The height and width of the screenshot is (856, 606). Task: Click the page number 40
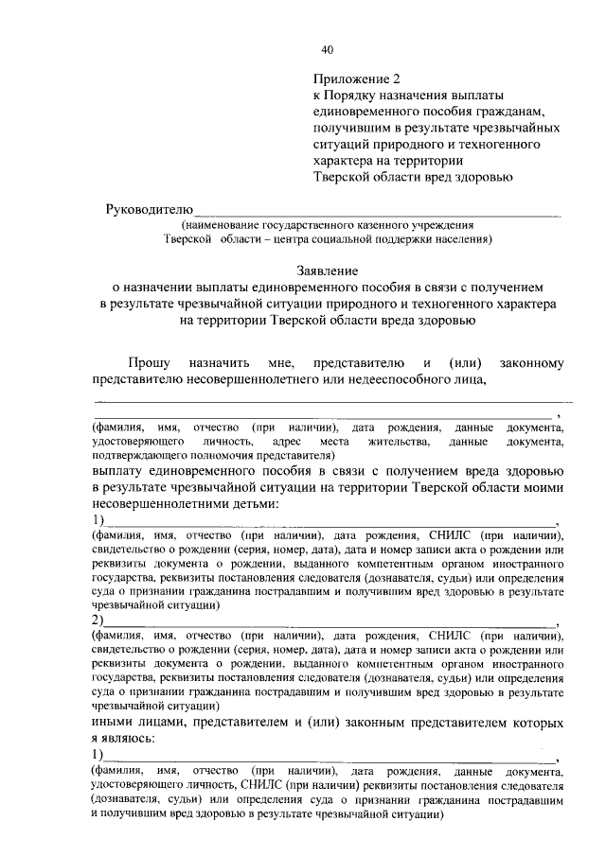[x=327, y=49]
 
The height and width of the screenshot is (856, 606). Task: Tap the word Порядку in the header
[x=365, y=96]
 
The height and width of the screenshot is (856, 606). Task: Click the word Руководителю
[x=150, y=208]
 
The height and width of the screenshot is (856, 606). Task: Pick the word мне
[x=283, y=362]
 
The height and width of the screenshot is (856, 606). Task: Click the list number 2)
[x=97, y=620]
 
